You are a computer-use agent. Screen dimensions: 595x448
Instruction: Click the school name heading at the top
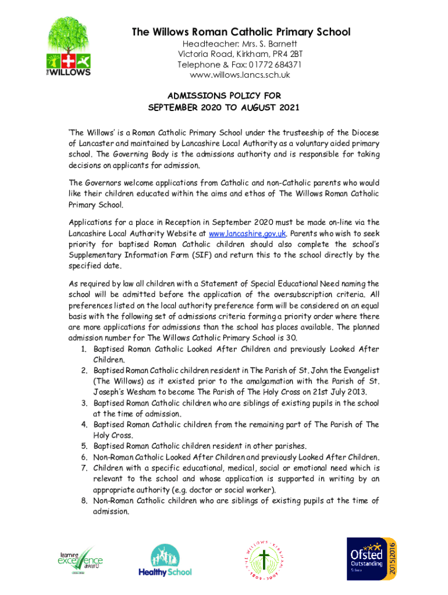241,32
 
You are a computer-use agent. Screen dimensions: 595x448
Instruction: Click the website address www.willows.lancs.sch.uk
240,75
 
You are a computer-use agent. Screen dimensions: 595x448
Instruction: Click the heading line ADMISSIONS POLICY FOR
224,95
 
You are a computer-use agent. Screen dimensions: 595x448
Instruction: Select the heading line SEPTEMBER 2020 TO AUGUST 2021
224,107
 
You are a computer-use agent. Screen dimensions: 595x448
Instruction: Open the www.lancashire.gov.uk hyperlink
247,234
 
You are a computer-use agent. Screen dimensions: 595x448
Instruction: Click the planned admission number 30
292,338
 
